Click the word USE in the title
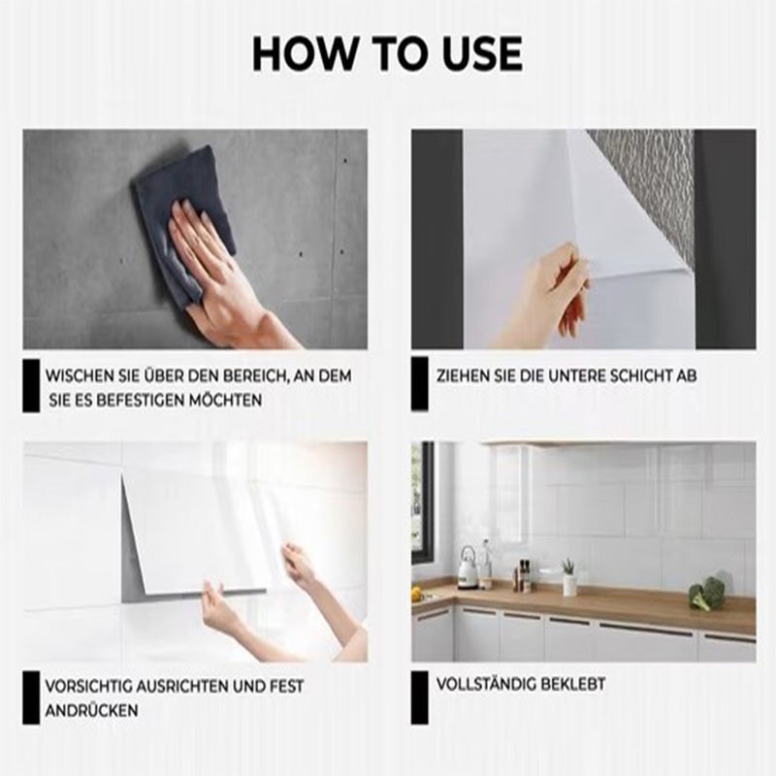482,53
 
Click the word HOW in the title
305,53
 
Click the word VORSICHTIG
88,687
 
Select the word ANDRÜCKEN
91,711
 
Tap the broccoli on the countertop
707,594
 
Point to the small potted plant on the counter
569,576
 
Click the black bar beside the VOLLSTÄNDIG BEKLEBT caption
420,697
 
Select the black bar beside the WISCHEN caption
31,386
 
